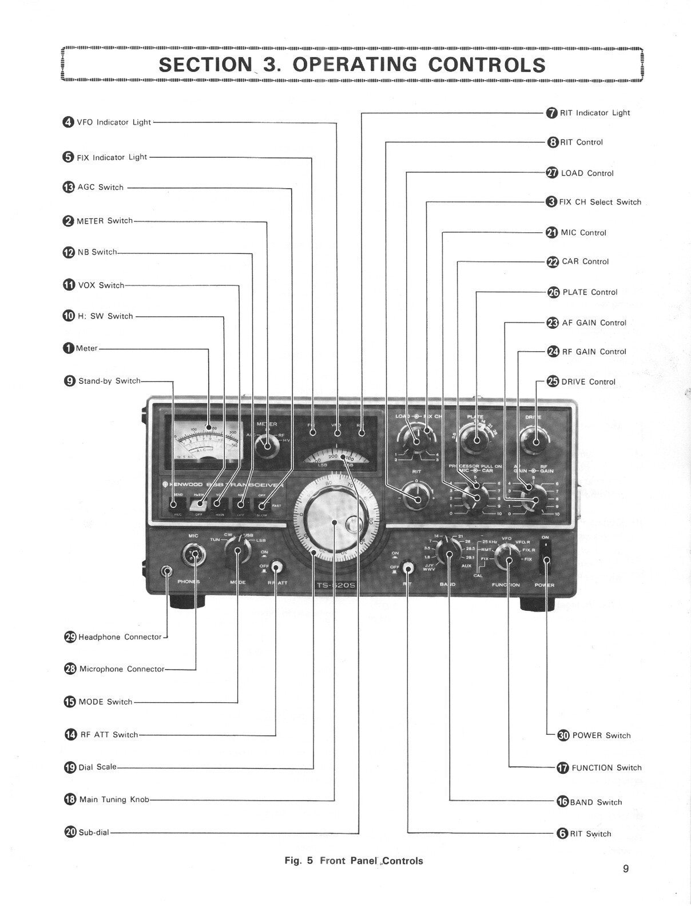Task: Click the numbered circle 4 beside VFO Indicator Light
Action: coord(68,122)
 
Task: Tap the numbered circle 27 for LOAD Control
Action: coord(552,173)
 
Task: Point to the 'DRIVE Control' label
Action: coord(588,382)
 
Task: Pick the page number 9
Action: coord(626,869)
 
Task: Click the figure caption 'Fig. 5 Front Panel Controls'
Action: coord(354,861)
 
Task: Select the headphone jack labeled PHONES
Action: coord(167,571)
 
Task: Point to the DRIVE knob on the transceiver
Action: coord(536,441)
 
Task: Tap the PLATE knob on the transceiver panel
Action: coord(476,441)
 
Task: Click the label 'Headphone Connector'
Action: coord(120,637)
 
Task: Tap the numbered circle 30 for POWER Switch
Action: coord(563,735)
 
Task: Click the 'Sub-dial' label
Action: coord(94,833)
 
